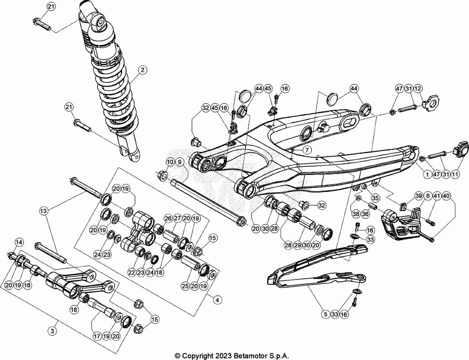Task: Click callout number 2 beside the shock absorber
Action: (x=143, y=70)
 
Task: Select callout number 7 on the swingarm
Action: (x=306, y=150)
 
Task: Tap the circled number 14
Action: (x=19, y=242)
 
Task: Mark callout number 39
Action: (x=418, y=196)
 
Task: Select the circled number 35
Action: (x=376, y=198)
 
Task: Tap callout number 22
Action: (x=132, y=273)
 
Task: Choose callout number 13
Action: (x=44, y=211)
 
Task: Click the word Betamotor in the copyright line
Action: (x=250, y=355)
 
